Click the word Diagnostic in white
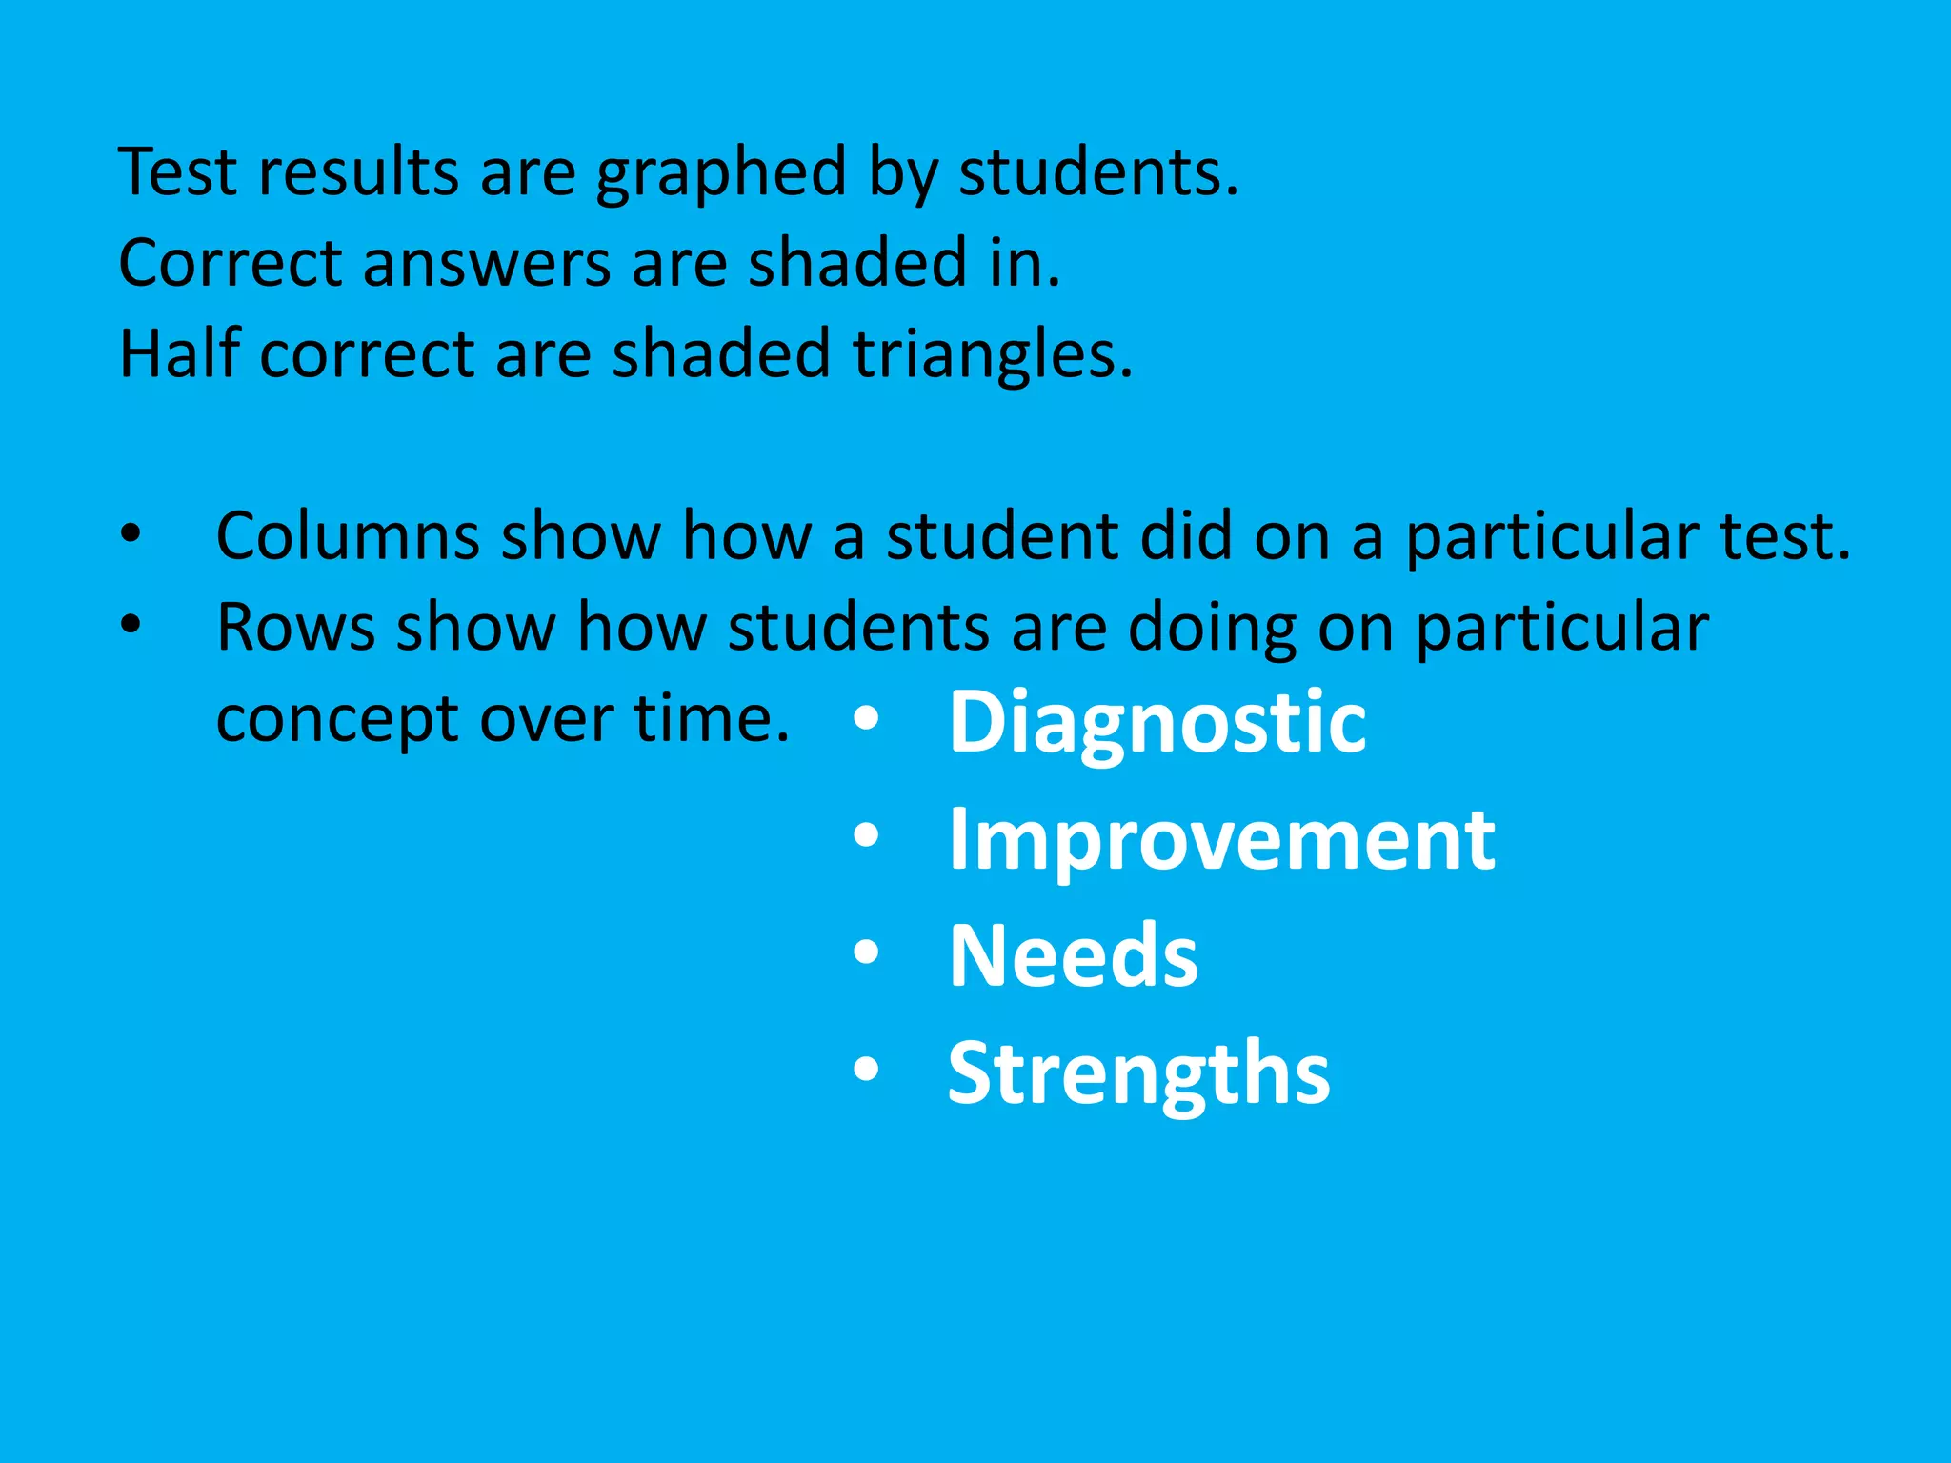[x=1157, y=724]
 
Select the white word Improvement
[x=1221, y=840]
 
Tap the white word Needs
[x=1074, y=956]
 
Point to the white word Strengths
[x=1138, y=1074]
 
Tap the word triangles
[x=992, y=354]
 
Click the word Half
[x=179, y=353]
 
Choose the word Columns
[x=348, y=536]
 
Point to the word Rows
[x=295, y=628]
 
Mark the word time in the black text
[x=712, y=718]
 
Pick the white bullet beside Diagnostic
[x=866, y=719]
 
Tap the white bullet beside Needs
[x=866, y=952]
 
